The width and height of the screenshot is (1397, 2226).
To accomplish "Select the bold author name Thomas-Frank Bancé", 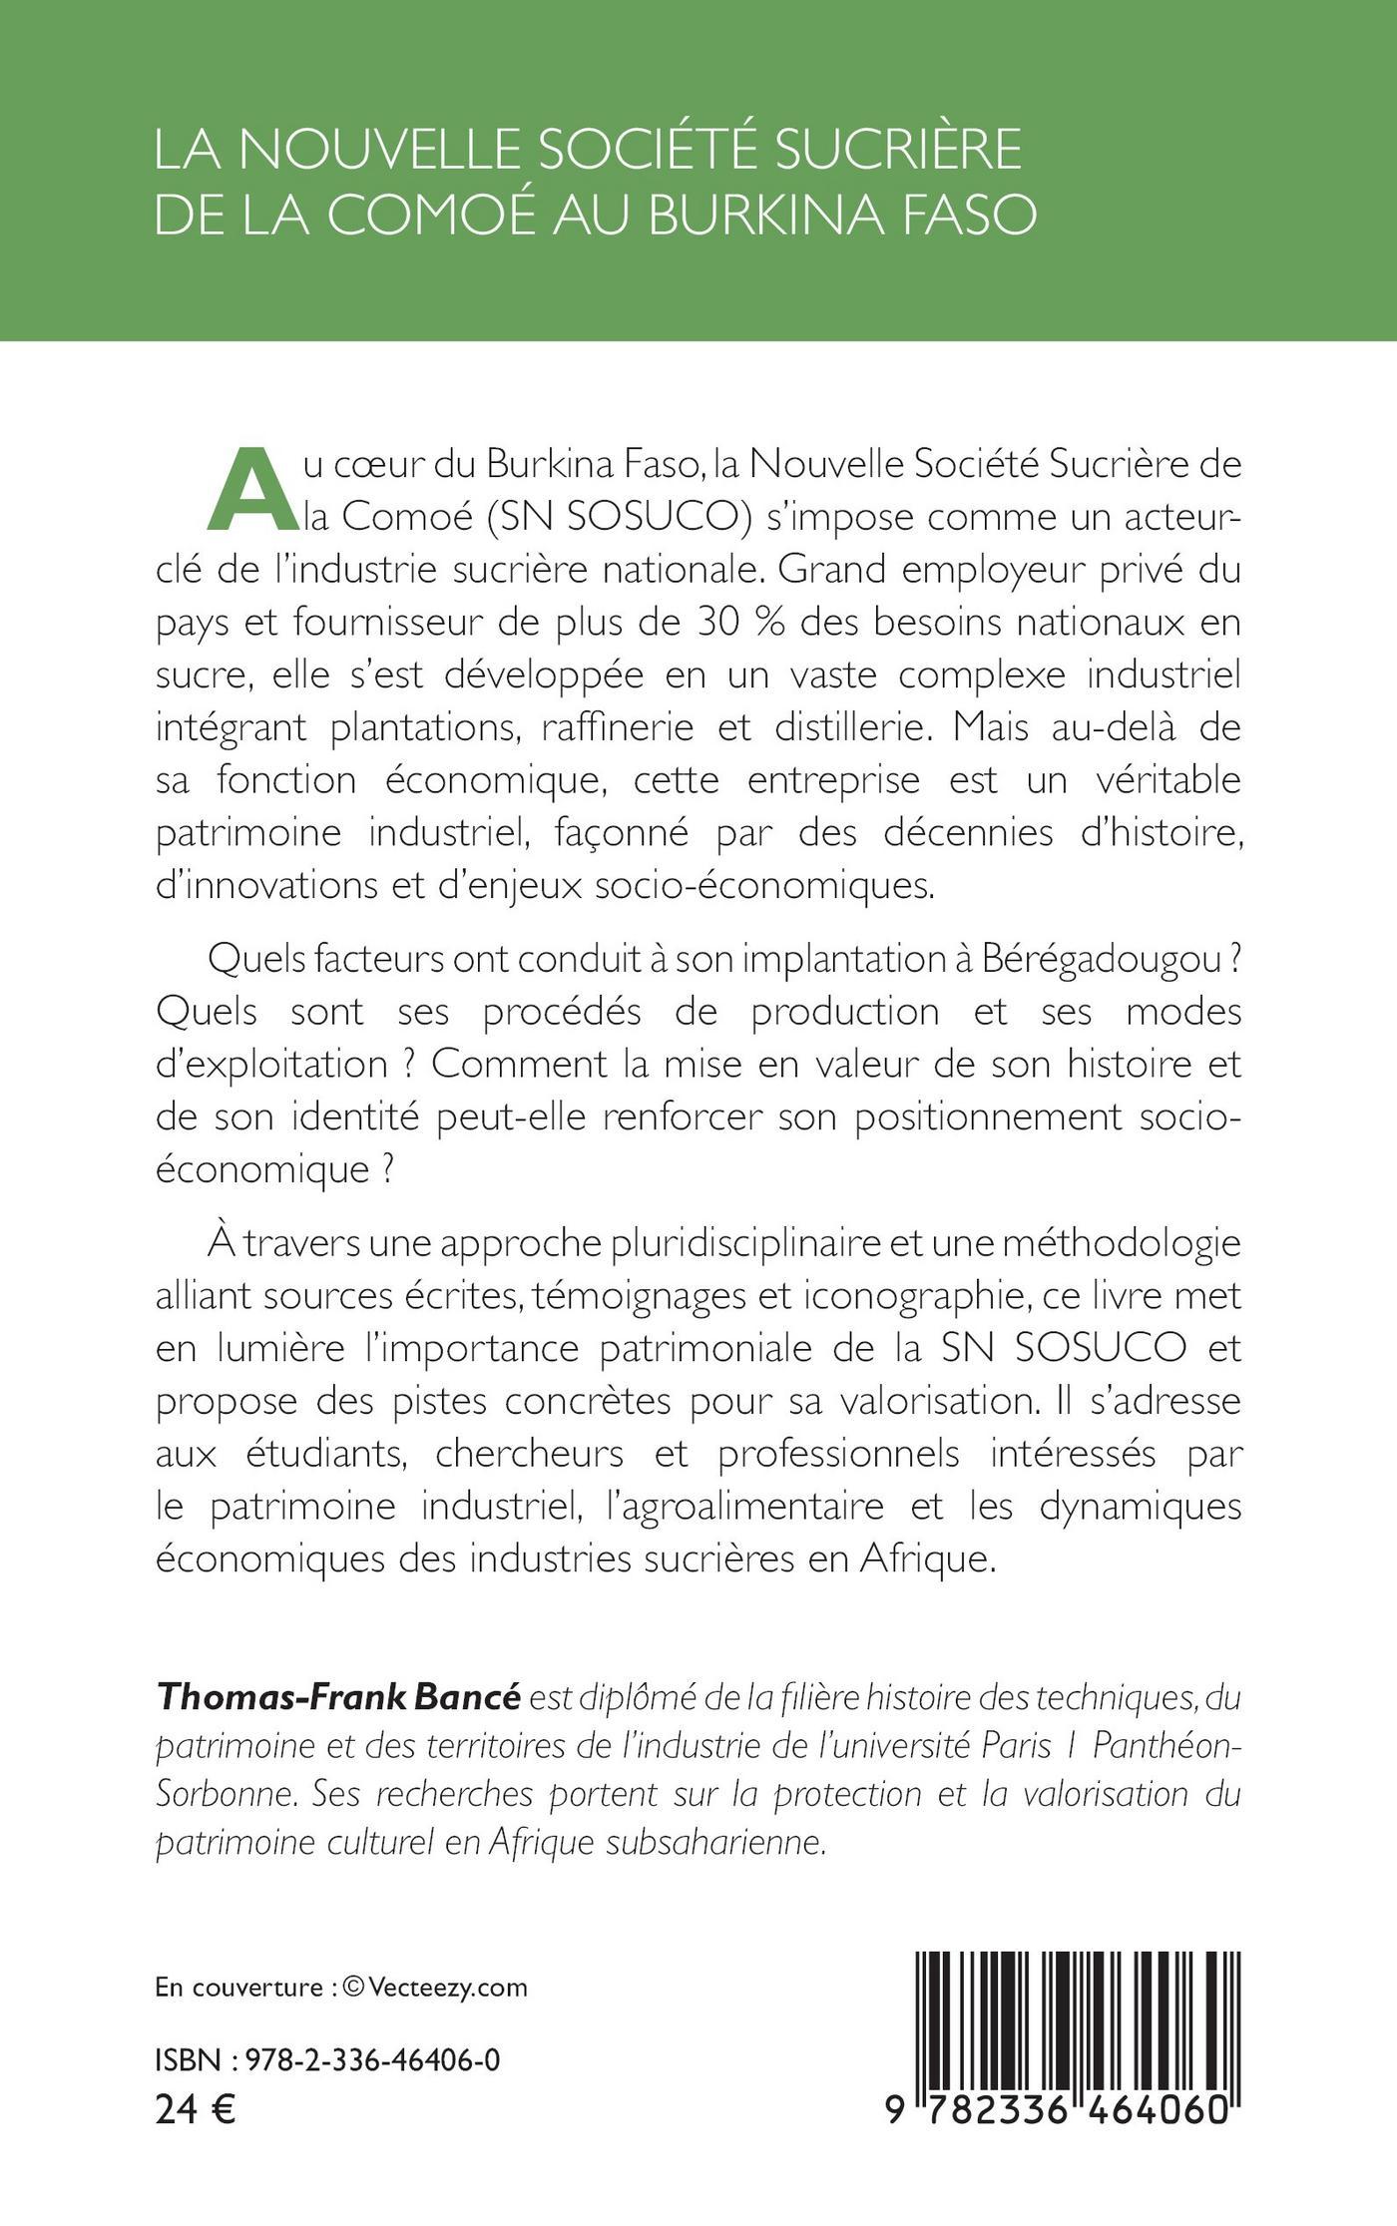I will click(x=338, y=1698).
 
